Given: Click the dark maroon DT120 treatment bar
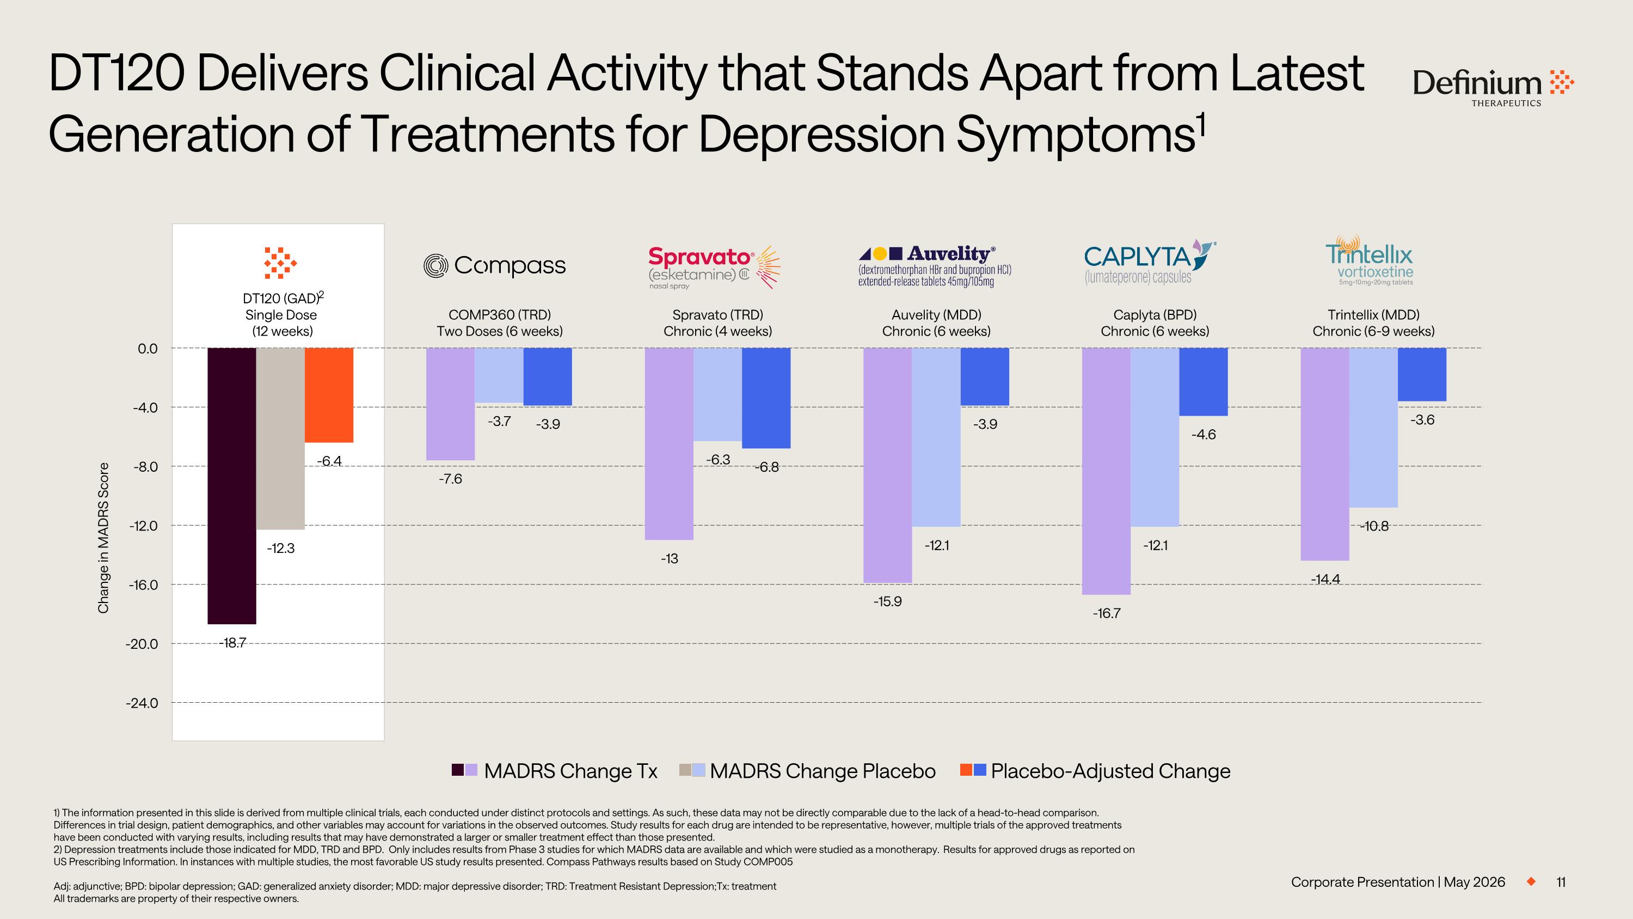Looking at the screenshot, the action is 232,486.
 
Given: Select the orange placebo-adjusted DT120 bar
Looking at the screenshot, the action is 329,395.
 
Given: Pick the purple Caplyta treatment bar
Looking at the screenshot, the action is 1106,471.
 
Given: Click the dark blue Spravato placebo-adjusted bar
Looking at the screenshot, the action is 766,398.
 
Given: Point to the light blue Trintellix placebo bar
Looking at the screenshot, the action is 1373,428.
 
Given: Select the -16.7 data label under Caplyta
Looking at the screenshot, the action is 1107,613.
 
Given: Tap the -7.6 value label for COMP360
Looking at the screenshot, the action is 450,479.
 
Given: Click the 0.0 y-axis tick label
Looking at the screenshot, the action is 148,348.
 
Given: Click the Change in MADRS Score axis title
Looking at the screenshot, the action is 103,538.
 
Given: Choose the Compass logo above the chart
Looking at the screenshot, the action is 494,266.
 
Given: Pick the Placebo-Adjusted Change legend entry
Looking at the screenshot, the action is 1095,771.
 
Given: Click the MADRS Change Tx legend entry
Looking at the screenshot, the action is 555,771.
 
